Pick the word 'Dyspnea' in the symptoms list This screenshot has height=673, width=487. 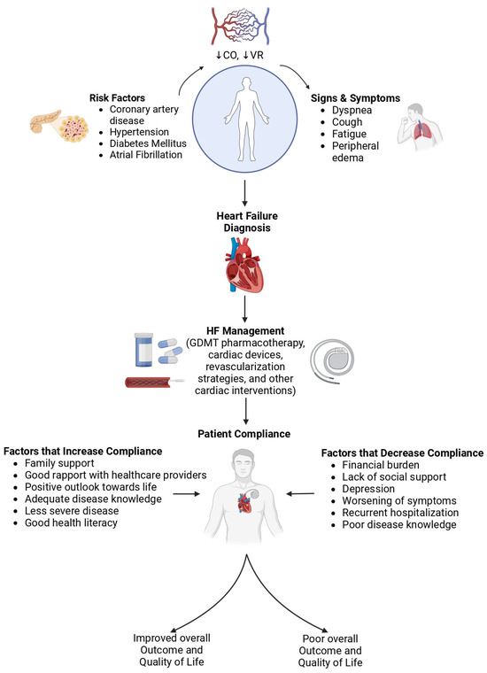(x=354, y=112)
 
